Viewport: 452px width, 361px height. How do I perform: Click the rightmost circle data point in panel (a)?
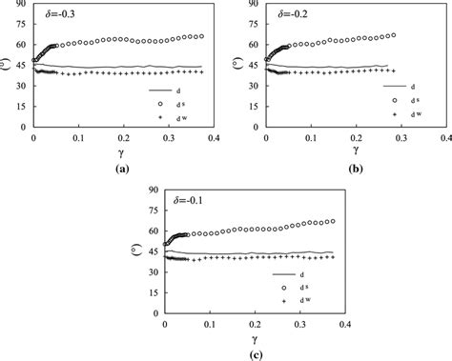200,36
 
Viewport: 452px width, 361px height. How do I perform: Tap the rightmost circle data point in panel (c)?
332,221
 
